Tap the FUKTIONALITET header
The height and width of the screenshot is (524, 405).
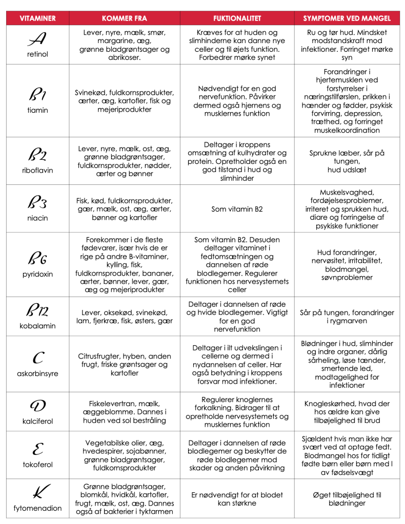click(x=237, y=18)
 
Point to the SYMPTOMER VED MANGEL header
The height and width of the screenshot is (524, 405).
click(x=347, y=18)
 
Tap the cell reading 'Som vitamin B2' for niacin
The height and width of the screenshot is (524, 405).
click(x=237, y=209)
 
